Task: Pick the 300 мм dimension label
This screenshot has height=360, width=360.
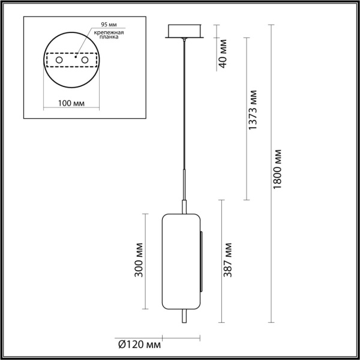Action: pos(139,260)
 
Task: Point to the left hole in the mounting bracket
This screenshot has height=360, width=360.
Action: pos(59,61)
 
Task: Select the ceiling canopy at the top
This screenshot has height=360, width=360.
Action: pos(186,32)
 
